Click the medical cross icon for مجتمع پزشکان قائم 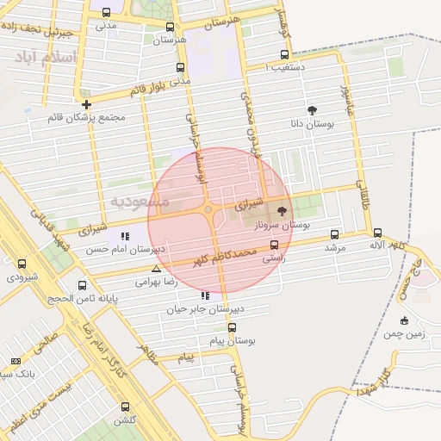[86, 104]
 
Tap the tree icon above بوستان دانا [311, 110]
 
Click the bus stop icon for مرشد [334, 234]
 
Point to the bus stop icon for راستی [274, 245]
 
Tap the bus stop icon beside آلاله [377, 233]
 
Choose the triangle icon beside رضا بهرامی [155, 270]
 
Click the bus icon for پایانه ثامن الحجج [83, 285]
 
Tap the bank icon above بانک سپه [15, 361]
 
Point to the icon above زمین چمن [405, 320]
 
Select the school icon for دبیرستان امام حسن [127, 236]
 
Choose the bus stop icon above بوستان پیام [232, 327]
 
